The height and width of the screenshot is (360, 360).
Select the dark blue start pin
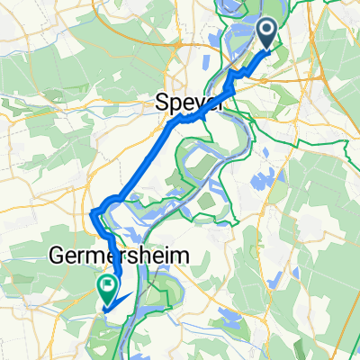268,37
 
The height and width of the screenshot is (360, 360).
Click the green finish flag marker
107,289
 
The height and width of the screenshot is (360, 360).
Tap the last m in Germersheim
180,257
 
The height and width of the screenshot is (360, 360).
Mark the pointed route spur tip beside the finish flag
133,293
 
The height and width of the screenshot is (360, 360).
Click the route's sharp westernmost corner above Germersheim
93,212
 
